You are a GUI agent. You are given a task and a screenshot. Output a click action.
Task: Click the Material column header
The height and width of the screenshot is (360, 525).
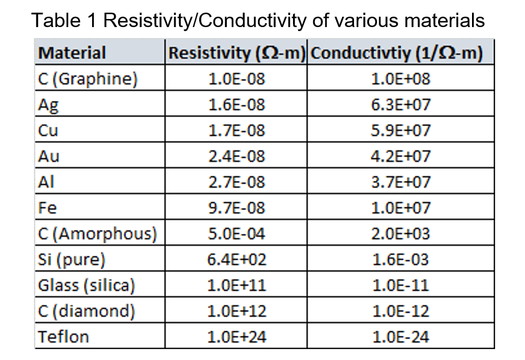point(73,53)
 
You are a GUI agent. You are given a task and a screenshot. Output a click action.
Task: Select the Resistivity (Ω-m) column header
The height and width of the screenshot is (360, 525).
point(236,53)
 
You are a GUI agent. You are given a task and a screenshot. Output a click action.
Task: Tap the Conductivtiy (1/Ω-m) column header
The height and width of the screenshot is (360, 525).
point(400,53)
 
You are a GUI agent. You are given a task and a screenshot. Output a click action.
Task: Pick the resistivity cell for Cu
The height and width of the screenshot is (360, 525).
point(237,131)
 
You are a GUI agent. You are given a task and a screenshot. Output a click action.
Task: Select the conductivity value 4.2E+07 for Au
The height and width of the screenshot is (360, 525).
point(401,156)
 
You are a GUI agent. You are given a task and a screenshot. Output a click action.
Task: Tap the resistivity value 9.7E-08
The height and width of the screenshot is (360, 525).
point(237,208)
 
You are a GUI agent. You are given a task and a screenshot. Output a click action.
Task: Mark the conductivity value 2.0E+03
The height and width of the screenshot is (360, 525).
point(401,234)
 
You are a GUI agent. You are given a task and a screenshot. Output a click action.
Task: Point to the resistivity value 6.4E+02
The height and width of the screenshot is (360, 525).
point(237,260)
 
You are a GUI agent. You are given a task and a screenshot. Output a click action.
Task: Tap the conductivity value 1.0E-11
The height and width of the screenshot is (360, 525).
point(401,285)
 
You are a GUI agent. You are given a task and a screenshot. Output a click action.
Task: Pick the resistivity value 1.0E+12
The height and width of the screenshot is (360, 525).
point(237,311)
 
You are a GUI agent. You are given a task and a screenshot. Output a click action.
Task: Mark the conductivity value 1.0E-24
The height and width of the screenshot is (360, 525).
point(401,337)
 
